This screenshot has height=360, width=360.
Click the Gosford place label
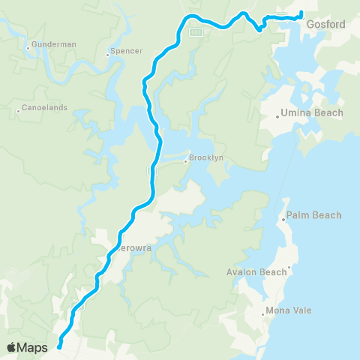326,24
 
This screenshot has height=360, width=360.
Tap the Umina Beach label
311,113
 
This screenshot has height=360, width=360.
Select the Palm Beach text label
313,215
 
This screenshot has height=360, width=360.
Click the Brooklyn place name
206,158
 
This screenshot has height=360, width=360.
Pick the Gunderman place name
55,44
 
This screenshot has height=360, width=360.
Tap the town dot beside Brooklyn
186,160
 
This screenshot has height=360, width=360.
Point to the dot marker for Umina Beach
276,115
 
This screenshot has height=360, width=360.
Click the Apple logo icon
12,346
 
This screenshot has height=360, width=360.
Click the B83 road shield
196,31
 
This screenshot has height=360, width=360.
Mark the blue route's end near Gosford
301,13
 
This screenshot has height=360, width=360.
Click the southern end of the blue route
58,346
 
